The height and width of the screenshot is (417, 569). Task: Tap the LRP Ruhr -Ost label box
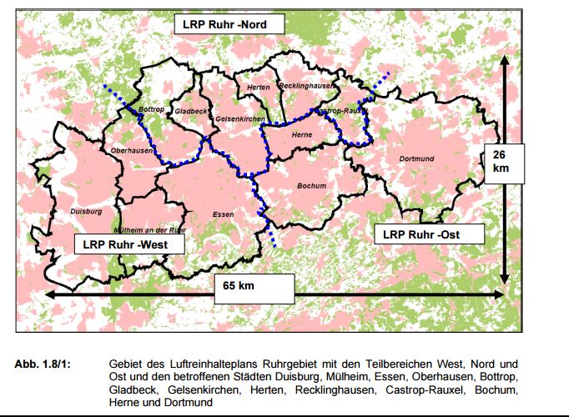pyautogui.click(x=421, y=234)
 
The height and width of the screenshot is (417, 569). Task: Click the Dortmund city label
pyautogui.click(x=416, y=158)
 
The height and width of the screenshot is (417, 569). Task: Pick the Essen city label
pyautogui.click(x=223, y=214)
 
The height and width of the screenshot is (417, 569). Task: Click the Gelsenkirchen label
pyautogui.click(x=240, y=119)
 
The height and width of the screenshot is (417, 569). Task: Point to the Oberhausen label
pyautogui.click(x=132, y=150)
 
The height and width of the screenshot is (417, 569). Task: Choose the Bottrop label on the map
pyautogui.click(x=151, y=109)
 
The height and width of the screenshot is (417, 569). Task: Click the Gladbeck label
pyautogui.click(x=191, y=110)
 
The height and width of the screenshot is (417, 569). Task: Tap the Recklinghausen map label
pyautogui.click(x=307, y=86)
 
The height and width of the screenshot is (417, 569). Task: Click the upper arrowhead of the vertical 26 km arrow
pyautogui.click(x=504, y=61)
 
